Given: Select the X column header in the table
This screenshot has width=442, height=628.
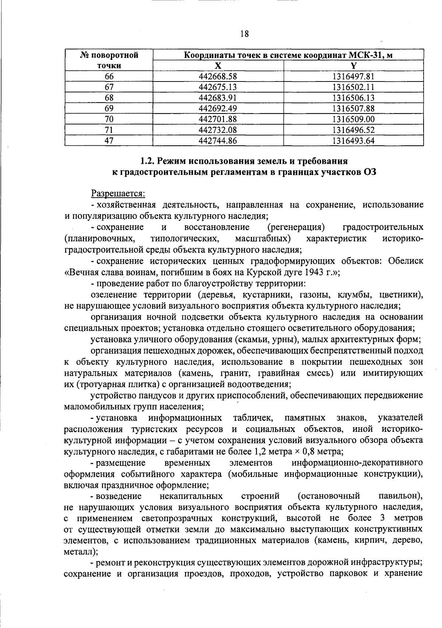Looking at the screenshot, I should click(218, 66).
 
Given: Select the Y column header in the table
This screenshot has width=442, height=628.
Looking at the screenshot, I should click(354, 66).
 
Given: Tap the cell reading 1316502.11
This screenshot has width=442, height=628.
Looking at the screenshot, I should click(353, 87).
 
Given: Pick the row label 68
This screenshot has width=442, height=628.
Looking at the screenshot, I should click(109, 98).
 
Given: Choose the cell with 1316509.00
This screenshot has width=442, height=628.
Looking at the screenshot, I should click(353, 119).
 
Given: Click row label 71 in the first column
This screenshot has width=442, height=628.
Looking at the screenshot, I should click(109, 130).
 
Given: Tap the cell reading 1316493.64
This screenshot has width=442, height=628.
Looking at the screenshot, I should click(353, 140).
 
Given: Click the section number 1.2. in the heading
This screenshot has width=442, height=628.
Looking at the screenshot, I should click(148, 161).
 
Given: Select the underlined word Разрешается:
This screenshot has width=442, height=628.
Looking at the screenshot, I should click(118, 193).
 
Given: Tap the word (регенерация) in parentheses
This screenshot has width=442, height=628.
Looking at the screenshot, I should click(296, 227).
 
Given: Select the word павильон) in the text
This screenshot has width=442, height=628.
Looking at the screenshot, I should click(401, 496).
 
